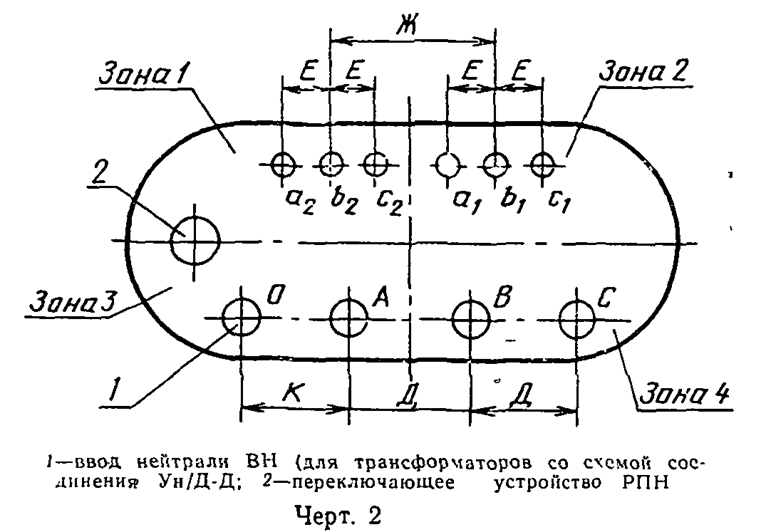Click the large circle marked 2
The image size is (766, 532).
pyautogui.click(x=194, y=240)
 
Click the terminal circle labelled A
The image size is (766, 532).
pyautogui.click(x=348, y=318)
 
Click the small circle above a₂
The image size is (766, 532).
pyautogui.click(x=284, y=163)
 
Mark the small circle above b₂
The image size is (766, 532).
pyautogui.click(x=330, y=163)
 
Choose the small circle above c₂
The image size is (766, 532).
pyautogui.click(x=374, y=163)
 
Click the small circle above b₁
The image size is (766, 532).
pyautogui.click(x=495, y=163)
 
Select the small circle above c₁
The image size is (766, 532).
pyautogui.click(x=541, y=163)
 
